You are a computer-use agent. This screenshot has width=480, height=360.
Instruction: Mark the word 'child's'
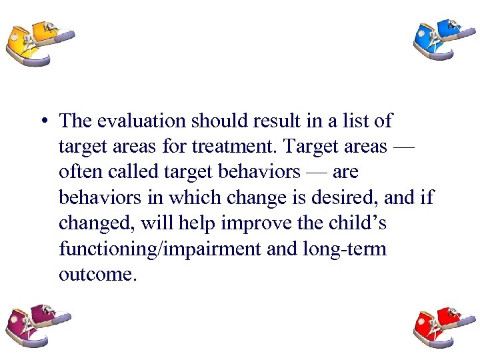pyautogui.click(x=361, y=223)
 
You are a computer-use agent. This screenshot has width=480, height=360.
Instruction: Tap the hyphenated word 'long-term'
pyautogui.click(x=353, y=248)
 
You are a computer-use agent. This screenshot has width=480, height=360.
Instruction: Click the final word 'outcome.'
pyautogui.click(x=97, y=274)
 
